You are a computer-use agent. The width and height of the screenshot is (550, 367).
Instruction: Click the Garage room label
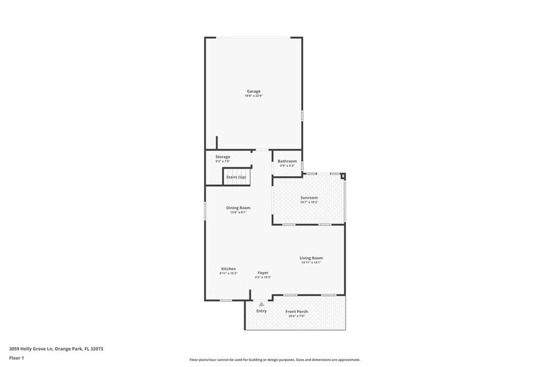(253, 91)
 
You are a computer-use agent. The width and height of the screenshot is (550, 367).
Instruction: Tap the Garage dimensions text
(253, 95)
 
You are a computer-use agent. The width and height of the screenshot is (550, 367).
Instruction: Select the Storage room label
(223, 157)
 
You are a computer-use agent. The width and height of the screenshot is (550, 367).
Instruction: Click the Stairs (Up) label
(236, 177)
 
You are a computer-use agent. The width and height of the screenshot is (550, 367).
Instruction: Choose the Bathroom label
(287, 161)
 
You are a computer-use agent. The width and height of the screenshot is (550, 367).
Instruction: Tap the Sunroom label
(309, 198)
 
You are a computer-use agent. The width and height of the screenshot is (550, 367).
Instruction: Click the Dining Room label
(238, 208)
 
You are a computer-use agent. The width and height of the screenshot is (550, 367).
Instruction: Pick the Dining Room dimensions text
(238, 212)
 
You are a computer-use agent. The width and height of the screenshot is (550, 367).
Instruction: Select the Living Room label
(311, 258)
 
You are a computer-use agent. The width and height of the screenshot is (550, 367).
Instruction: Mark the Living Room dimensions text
(311, 262)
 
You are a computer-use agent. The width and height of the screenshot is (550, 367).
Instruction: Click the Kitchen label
(228, 269)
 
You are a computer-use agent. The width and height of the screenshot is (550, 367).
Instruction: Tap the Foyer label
(263, 273)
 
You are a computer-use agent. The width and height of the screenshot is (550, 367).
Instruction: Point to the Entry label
(261, 311)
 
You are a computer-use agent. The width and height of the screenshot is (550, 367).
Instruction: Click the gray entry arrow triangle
(261, 304)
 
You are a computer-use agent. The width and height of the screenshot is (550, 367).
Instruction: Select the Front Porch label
(297, 311)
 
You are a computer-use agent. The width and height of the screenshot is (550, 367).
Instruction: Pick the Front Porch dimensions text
(297, 316)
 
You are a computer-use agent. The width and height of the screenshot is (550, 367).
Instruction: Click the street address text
(56, 349)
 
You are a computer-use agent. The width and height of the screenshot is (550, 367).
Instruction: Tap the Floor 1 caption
(17, 358)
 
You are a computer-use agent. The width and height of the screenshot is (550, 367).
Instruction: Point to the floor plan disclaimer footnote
(275, 360)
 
